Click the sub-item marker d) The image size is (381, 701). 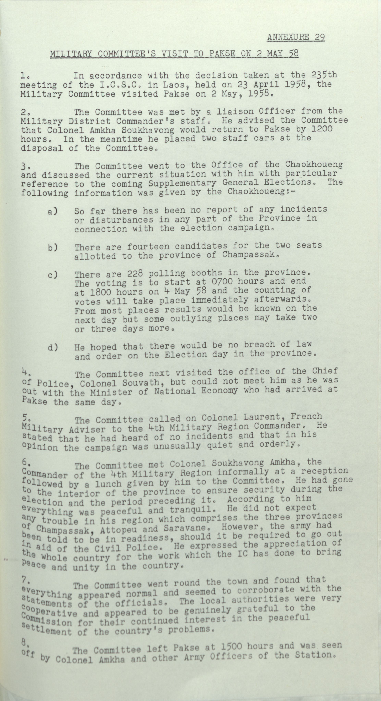pyautogui.click(x=52, y=348)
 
